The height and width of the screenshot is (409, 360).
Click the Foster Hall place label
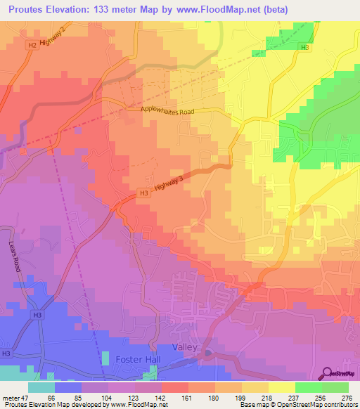[139, 359]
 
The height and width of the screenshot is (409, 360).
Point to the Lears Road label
[15, 260]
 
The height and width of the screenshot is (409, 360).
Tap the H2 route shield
[32, 45]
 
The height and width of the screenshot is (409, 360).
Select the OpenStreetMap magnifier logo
[328, 373]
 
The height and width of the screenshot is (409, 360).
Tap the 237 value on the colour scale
[295, 398]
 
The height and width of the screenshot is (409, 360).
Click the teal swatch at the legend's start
[41, 387]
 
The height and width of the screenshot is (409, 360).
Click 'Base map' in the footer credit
[252, 405]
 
